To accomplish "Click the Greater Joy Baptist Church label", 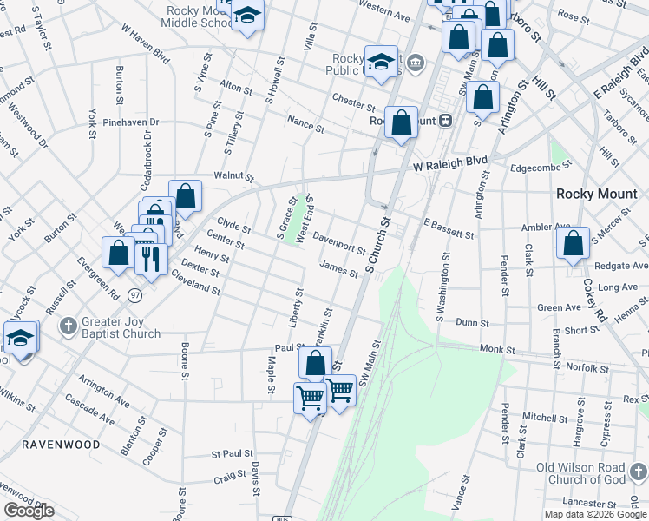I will [121, 327].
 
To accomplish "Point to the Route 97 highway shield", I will [135, 296].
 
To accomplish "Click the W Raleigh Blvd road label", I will [450, 162].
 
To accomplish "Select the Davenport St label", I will [338, 241].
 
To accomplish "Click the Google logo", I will [29, 511].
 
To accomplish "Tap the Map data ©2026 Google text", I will [594, 513].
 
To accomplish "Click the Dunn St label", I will [472, 322].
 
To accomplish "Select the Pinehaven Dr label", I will [130, 122].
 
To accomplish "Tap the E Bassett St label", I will [449, 228].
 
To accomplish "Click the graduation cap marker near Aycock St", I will [21, 339].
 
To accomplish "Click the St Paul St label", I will [233, 453].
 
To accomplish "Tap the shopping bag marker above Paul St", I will [315, 363].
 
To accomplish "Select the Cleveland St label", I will [196, 284].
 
